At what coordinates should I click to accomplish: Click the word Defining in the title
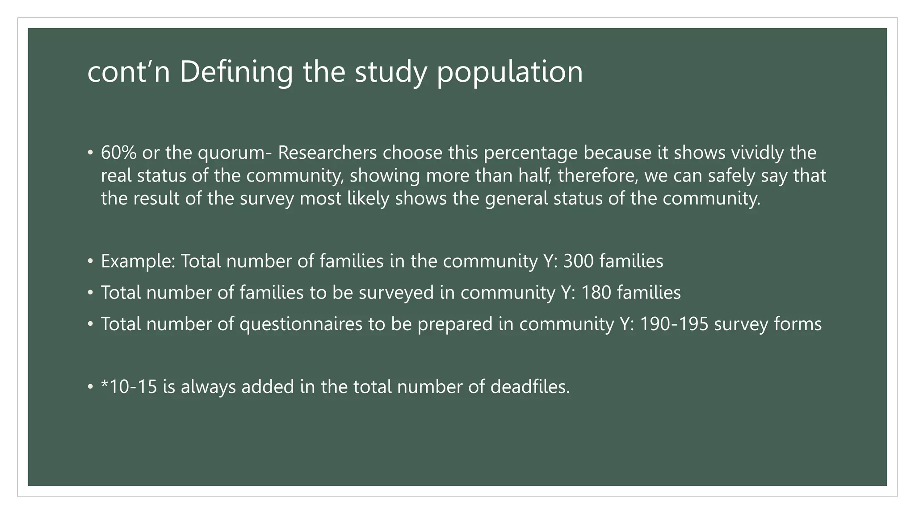pos(236,72)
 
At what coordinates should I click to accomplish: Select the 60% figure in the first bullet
pos(118,153)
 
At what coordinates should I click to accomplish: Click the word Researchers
pos(327,153)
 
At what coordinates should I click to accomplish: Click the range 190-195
pos(674,324)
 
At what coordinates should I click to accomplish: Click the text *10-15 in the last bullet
pos(129,386)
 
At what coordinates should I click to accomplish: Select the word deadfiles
pos(530,386)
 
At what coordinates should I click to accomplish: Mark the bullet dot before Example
pos(91,261)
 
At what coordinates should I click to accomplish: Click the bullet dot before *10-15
pos(91,386)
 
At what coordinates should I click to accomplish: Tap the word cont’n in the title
pos(129,72)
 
